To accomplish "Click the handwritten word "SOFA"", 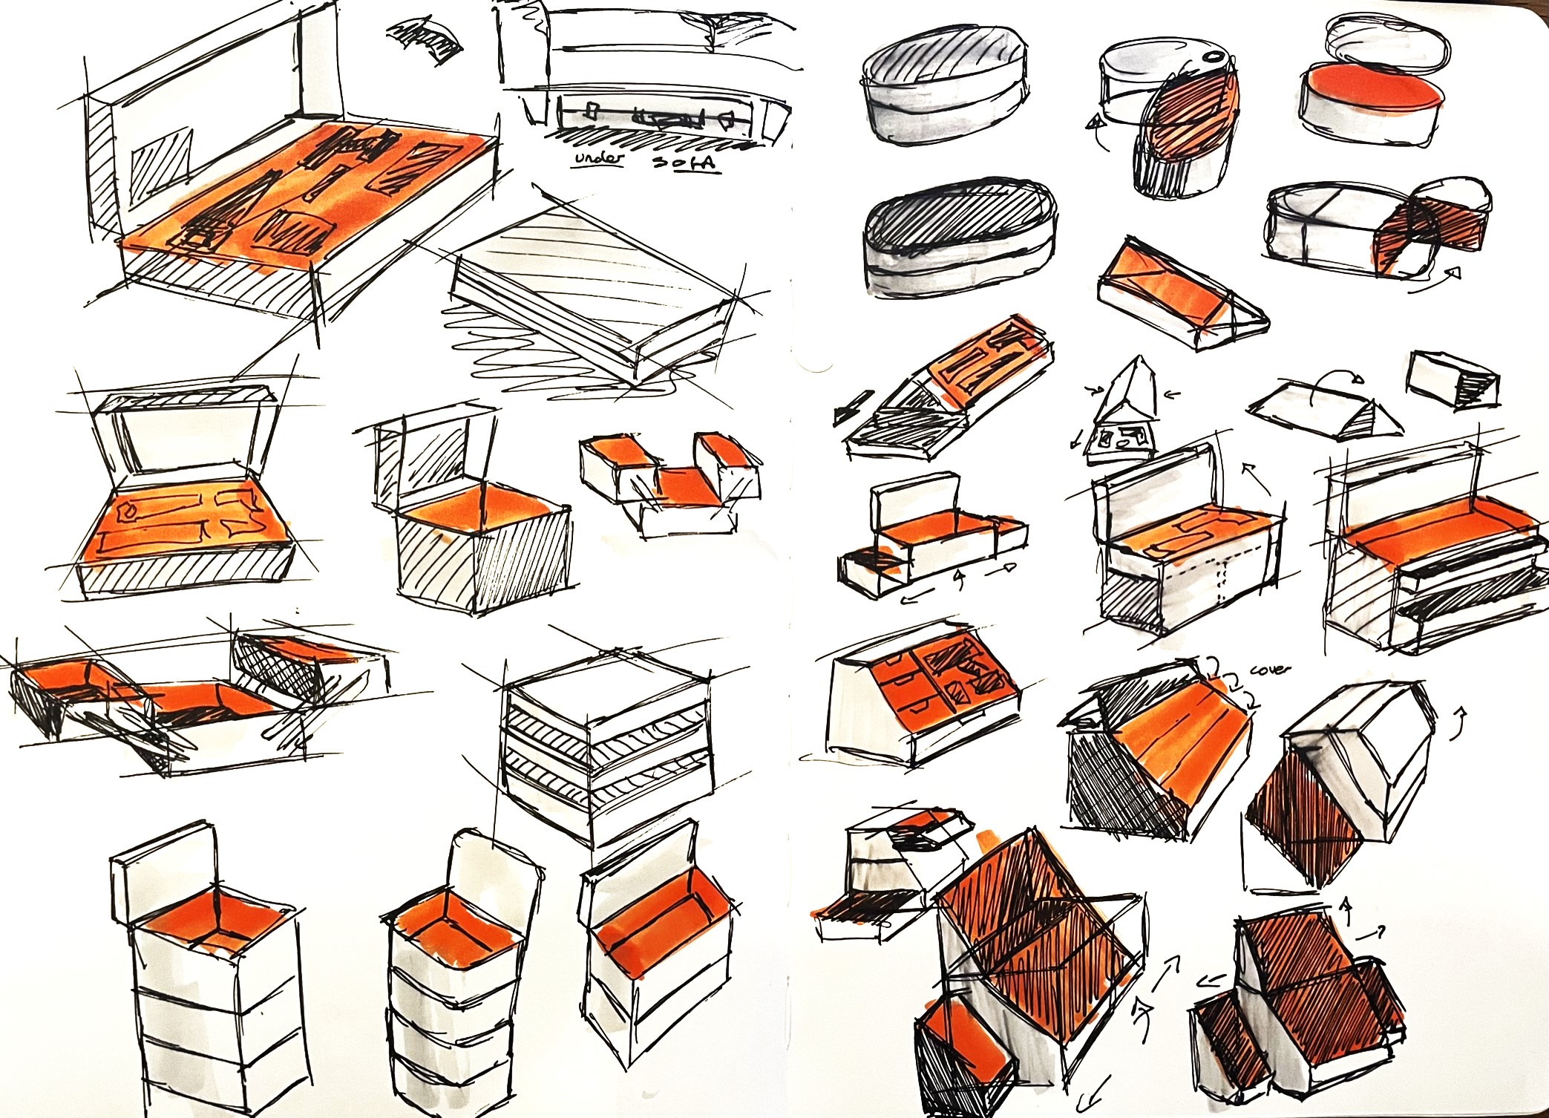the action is click(x=685, y=161).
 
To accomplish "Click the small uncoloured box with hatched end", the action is click(x=1453, y=379).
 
